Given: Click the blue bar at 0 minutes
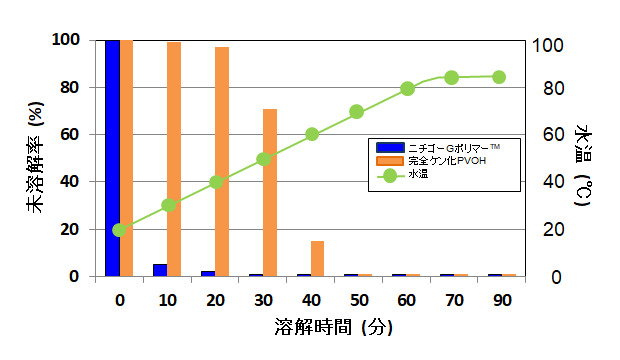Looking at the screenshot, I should [x=112, y=158].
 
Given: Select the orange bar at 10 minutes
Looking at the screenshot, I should [x=174, y=159].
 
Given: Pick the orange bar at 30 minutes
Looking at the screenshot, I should [x=270, y=192].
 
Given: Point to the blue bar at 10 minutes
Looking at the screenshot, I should [x=160, y=270].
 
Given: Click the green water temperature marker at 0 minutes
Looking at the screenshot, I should [x=120, y=230].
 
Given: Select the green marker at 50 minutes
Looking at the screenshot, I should [x=356, y=112].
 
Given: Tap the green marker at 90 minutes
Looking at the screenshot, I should [x=499, y=77].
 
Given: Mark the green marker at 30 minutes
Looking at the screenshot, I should [x=264, y=159].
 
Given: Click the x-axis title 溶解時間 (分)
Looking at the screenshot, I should [x=332, y=327].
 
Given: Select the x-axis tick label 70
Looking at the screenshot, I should [x=451, y=298].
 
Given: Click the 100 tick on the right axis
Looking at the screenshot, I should [x=551, y=45].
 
